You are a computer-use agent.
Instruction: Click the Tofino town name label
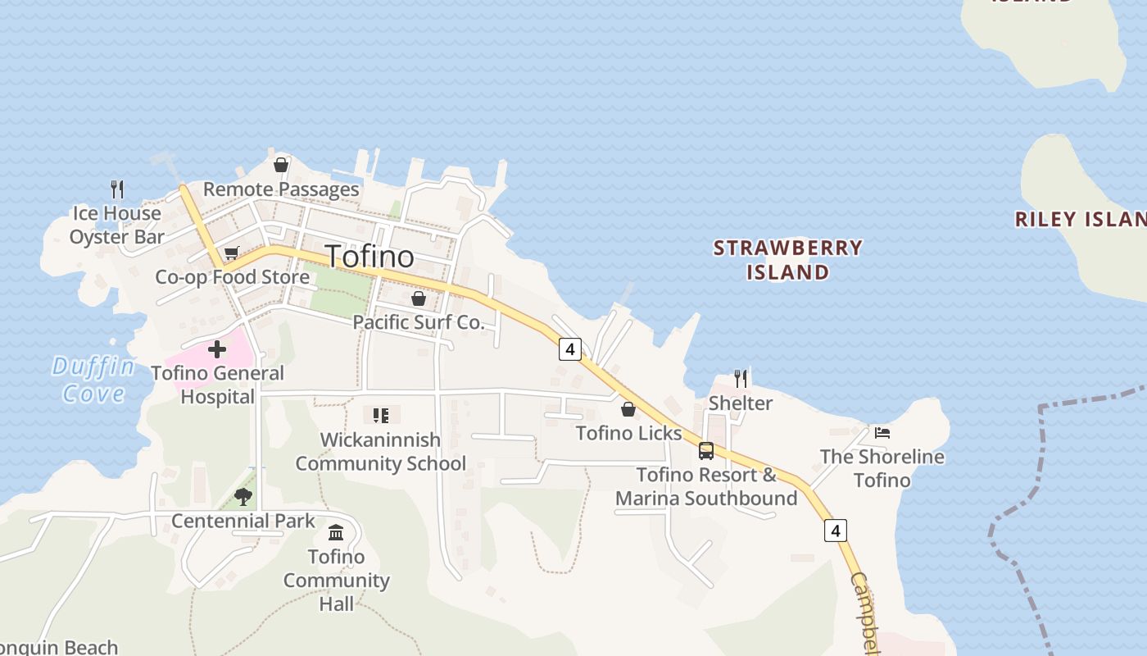370,257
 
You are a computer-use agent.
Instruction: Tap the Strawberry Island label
787,259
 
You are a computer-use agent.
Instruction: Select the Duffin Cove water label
93,379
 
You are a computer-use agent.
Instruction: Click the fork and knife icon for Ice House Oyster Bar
117,189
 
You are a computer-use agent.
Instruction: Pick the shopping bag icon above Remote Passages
281,165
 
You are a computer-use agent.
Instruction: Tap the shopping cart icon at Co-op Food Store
231,253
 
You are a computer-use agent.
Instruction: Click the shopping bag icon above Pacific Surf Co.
419,298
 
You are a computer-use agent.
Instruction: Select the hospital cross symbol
217,350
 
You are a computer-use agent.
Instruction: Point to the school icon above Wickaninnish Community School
380,416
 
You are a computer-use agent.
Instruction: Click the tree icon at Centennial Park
243,495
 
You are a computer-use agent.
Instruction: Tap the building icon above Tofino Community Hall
336,533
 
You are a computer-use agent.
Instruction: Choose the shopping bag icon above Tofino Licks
628,408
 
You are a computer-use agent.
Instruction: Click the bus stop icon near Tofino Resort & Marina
706,450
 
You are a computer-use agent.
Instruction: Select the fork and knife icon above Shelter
741,378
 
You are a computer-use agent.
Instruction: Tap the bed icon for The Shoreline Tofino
882,433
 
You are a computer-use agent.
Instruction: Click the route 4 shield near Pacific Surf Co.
569,348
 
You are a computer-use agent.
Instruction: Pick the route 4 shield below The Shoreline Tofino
835,531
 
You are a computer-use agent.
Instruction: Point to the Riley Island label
1080,219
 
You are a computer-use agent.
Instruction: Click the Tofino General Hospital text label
217,385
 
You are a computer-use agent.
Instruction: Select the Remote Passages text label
281,189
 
